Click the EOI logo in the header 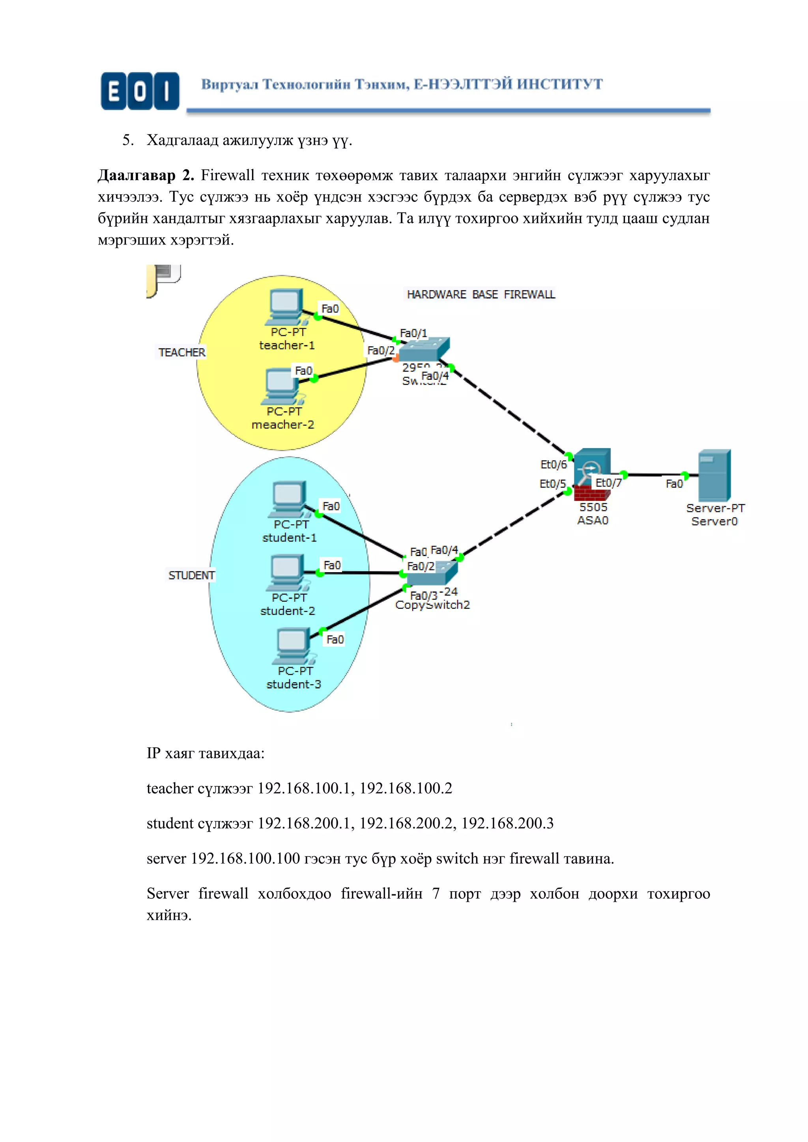[x=140, y=91]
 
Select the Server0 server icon [x=714, y=476]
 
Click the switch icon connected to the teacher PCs [x=423, y=350]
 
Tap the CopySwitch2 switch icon [x=431, y=573]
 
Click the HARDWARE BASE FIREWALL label [x=481, y=295]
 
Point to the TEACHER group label [x=181, y=352]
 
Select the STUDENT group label [x=191, y=575]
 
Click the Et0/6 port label [x=553, y=465]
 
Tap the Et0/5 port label [x=552, y=484]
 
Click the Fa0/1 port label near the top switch [x=413, y=333]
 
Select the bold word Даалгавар [x=137, y=175]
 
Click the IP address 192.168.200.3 [x=507, y=824]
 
